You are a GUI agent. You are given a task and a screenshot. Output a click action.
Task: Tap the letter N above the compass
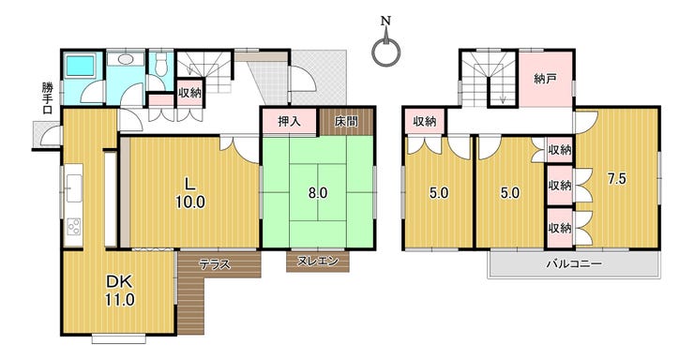pos(386,21)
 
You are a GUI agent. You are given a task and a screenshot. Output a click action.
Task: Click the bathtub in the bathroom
pos(80,65)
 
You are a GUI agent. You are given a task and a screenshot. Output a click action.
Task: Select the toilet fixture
pos(160,64)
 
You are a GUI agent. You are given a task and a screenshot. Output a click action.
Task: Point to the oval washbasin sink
pos(125,59)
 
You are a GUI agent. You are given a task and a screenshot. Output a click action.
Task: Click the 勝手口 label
pos(47,98)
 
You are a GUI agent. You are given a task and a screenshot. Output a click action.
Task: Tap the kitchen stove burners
pos(73,227)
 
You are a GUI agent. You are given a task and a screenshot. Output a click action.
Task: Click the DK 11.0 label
pos(119,291)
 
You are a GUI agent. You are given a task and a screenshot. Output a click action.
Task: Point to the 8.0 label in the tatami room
pos(318,193)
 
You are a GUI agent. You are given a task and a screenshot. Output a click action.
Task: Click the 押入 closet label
pos(289,121)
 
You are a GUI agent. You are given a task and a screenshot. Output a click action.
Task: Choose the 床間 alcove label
pos(346,121)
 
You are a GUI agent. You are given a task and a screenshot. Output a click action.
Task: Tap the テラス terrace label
pos(215,264)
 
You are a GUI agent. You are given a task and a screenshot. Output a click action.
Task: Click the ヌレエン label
pos(317,261)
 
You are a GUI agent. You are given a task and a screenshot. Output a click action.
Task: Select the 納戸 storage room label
pos(545,80)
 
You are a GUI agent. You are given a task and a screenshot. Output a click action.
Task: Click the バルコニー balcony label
pos(574,264)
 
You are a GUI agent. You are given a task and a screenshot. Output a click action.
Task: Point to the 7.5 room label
pos(616,179)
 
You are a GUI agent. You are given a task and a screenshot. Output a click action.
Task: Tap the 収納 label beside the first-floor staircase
pos(189,93)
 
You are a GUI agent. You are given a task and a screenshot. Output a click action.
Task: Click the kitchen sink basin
pos(73,187)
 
